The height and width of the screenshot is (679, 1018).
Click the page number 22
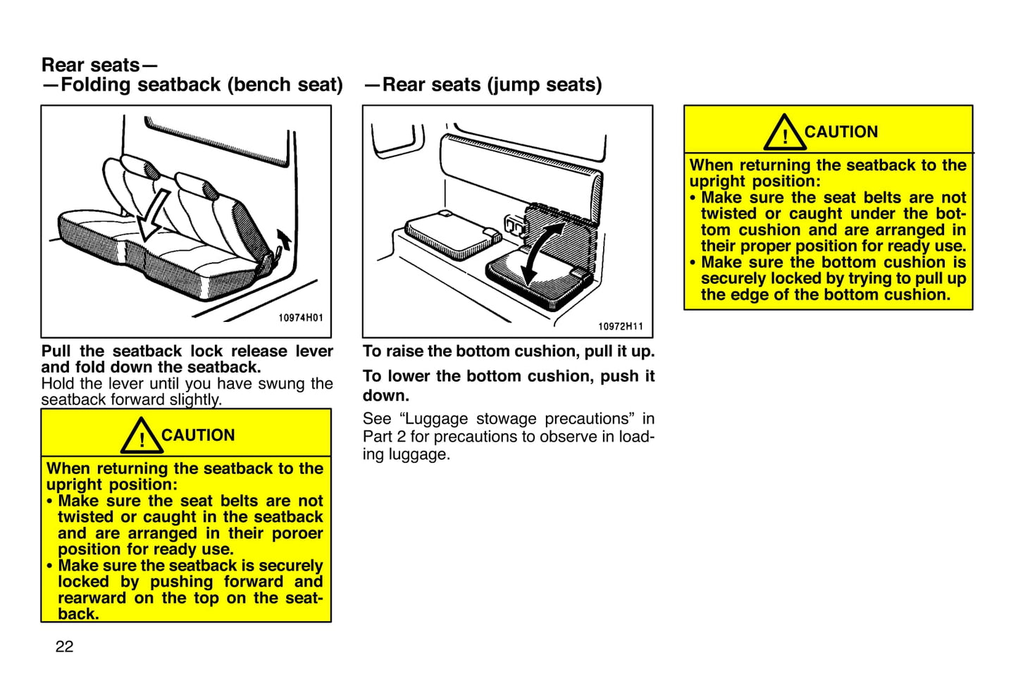(64, 647)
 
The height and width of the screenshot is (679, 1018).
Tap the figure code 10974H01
(300, 318)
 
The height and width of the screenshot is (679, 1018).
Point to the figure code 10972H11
(621, 326)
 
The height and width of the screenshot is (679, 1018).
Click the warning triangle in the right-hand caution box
(784, 132)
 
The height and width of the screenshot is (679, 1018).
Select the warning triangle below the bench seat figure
(142, 435)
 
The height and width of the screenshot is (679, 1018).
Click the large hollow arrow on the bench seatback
(153, 216)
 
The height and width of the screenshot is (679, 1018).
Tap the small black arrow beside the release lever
(285, 239)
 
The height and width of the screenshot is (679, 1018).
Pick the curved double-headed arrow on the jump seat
(542, 254)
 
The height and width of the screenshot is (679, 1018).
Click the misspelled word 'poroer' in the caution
(297, 533)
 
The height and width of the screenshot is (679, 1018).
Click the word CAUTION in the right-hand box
(841, 132)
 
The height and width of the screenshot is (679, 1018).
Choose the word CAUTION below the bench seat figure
(198, 435)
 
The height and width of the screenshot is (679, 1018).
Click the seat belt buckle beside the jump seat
(514, 226)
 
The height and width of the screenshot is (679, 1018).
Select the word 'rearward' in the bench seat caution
(92, 598)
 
